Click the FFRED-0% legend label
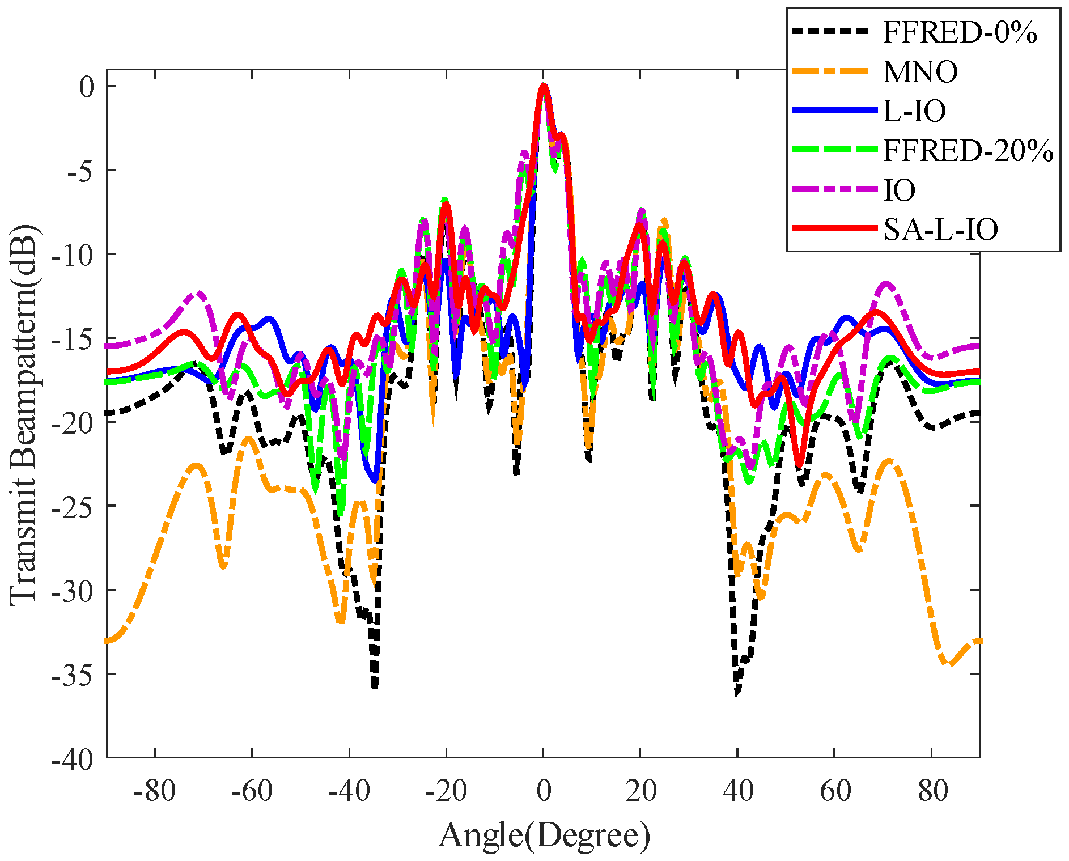tap(960, 33)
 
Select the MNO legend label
tap(920, 72)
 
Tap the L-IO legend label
tap(915, 111)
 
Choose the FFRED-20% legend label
tap(968, 151)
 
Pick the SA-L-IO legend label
tap(940, 230)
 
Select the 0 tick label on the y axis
tap(86, 87)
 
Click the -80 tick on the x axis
tap(155, 791)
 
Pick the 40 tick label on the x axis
tap(737, 791)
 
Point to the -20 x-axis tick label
tap(446, 791)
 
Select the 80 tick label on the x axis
tap(932, 791)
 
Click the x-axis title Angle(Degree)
tap(544, 835)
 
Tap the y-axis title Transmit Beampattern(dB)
tap(24, 414)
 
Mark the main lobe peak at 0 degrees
tap(544, 86)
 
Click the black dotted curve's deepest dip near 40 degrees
tap(737, 693)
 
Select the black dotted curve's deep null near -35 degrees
tap(375, 687)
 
